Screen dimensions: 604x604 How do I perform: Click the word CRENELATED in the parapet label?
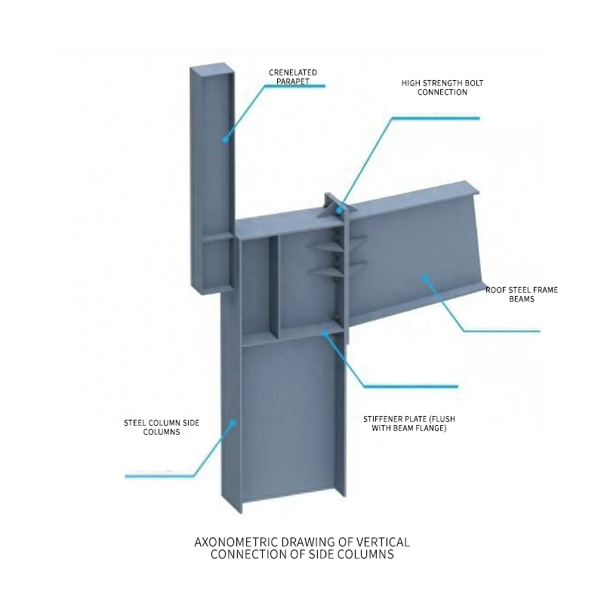tap(293, 72)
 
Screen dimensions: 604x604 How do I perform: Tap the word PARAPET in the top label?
tap(293, 82)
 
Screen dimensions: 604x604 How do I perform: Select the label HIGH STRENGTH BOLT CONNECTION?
tap(442, 88)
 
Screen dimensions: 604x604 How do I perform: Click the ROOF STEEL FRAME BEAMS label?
tap(522, 294)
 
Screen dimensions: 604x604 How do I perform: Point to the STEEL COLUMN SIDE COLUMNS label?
tap(162, 427)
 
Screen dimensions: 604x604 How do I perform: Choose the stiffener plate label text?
tap(409, 424)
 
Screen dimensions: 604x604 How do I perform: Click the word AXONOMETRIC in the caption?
tap(236, 542)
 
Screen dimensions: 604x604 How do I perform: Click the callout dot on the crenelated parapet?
tap(225, 140)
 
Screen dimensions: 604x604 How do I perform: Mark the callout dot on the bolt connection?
tap(339, 211)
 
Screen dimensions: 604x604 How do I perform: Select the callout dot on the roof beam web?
tap(425, 277)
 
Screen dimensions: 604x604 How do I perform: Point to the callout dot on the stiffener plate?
tap(325, 332)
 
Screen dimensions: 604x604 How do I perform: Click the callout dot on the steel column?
tap(233, 423)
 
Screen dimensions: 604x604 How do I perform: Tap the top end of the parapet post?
tap(211, 68)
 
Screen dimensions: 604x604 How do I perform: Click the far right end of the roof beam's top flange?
tap(479, 192)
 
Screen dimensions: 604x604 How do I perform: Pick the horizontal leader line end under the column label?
tap(125, 476)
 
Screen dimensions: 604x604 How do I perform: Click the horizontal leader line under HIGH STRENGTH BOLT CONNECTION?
tap(436, 119)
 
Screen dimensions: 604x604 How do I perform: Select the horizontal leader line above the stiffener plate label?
tap(411, 387)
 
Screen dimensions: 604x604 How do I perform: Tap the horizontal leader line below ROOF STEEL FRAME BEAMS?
tap(502, 331)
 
